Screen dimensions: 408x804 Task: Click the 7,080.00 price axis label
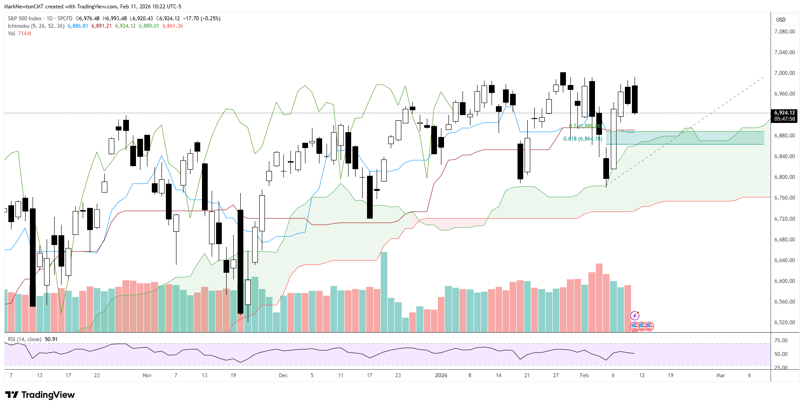tap(784, 32)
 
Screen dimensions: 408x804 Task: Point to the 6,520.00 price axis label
tap(784, 323)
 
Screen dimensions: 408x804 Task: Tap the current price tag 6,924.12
tap(784, 113)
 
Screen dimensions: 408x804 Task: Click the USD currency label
tap(781, 20)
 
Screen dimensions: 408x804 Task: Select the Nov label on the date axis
tap(147, 375)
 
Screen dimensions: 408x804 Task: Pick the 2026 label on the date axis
tap(441, 375)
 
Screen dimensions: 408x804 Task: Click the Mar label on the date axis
tap(720, 375)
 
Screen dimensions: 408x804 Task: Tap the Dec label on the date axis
tap(283, 375)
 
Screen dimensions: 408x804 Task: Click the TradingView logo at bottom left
tap(40, 395)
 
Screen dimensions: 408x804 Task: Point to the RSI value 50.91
tap(51, 339)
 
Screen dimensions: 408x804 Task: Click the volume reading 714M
tap(25, 33)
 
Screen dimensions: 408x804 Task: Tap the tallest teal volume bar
tap(384, 291)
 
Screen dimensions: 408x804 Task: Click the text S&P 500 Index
tap(25, 19)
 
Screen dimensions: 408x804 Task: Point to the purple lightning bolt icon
tap(635, 315)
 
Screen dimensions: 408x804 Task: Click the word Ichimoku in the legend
tap(18, 26)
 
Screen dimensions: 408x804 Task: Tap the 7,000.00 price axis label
tap(784, 73)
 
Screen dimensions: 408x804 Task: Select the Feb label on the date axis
tap(584, 375)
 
